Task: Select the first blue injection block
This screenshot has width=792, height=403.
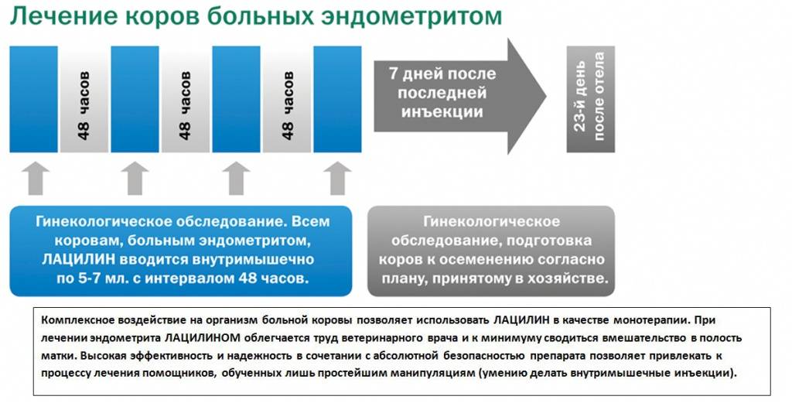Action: (x=33, y=99)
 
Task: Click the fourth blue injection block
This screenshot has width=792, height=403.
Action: (x=337, y=99)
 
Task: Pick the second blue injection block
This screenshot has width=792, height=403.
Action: (x=135, y=99)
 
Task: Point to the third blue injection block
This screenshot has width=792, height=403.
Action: (x=236, y=99)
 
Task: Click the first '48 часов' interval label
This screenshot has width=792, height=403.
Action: (x=84, y=105)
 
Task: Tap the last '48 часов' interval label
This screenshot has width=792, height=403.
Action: (x=287, y=105)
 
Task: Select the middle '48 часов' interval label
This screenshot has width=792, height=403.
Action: (x=186, y=105)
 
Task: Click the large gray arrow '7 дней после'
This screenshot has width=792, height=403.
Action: (x=459, y=96)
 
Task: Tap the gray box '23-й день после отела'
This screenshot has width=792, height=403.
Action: (x=590, y=99)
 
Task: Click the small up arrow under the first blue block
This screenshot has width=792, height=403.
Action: (x=36, y=178)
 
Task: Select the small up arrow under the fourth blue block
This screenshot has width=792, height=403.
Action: (x=337, y=178)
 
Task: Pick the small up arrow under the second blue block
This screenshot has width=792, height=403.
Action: (x=135, y=178)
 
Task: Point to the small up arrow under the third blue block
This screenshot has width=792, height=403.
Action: (x=237, y=178)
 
